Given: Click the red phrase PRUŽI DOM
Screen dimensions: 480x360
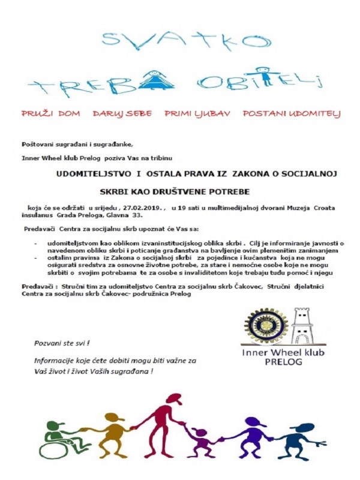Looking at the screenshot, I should (x=51, y=113).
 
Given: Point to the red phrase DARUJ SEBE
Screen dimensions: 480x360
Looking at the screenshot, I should (x=122, y=113).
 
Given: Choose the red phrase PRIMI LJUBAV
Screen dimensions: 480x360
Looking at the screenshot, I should (x=197, y=113).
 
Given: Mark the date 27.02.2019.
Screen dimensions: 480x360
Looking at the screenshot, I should (x=145, y=208).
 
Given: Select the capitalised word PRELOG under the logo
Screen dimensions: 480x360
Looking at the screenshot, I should (x=282, y=362).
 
